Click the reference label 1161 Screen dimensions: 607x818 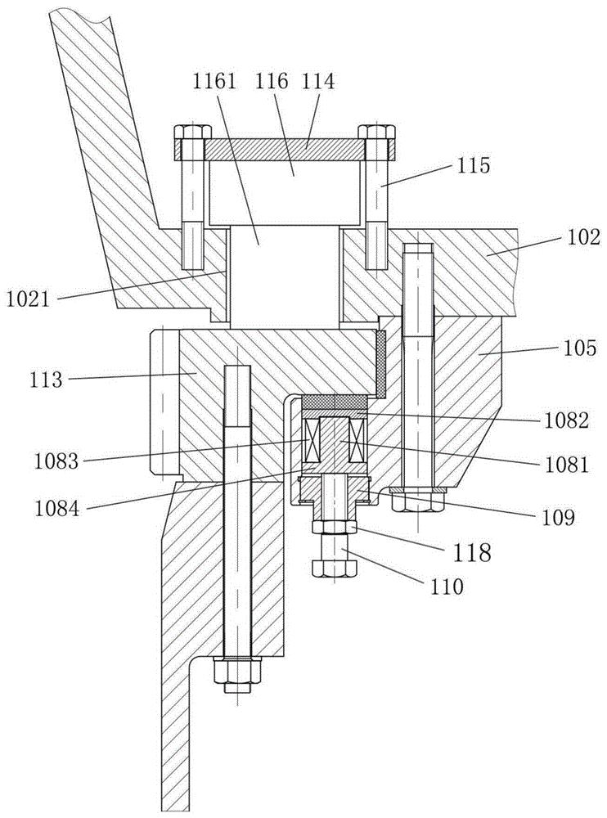coord(216,83)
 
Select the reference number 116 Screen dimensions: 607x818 coord(275,82)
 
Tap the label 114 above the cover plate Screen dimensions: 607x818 coord(319,82)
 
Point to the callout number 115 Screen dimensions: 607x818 coord(474,165)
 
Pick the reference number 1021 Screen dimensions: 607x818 coord(28,299)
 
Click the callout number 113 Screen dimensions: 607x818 coord(47,380)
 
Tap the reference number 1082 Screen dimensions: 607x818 coord(565,420)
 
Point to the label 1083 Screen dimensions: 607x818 coord(56,462)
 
